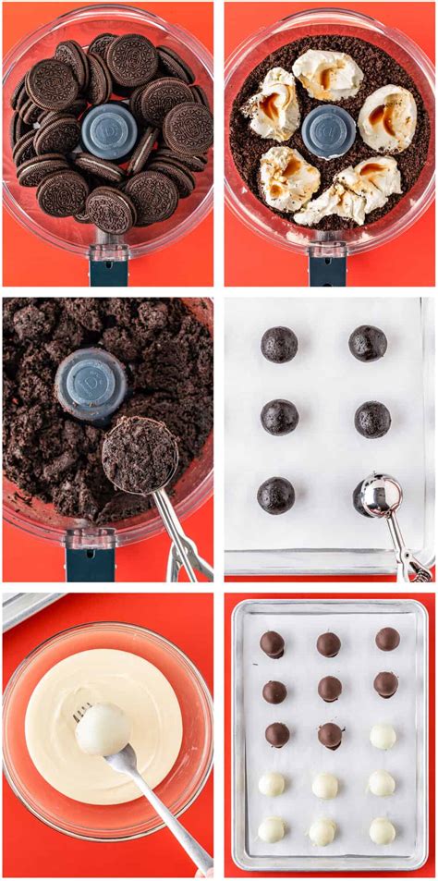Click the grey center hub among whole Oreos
click(x=109, y=131)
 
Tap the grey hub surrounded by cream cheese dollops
click(x=328, y=130)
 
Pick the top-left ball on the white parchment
click(x=279, y=344)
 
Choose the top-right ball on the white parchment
click(x=368, y=343)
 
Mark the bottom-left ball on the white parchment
click(x=275, y=495)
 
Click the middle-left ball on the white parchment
click(x=279, y=417)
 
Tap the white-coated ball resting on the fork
click(x=103, y=728)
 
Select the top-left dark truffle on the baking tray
click(x=272, y=643)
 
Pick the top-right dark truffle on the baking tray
click(x=387, y=639)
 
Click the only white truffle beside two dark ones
click(x=383, y=736)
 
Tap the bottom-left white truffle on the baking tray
click(x=271, y=829)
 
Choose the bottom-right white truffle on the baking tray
click(x=383, y=830)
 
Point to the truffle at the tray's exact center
click(x=329, y=735)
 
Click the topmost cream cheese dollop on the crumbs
click(x=327, y=74)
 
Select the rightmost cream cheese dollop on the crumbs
click(x=386, y=117)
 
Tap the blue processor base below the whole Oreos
click(x=109, y=271)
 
